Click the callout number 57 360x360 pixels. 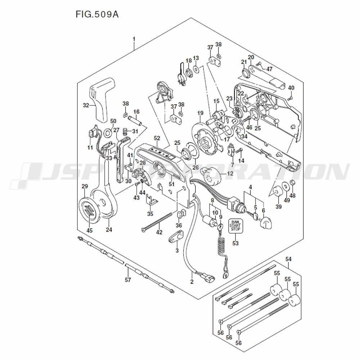click(128, 280)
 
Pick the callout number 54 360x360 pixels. click(288, 259)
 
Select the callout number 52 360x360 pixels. click(157, 138)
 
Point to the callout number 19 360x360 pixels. click(201, 113)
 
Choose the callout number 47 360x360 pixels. click(270, 68)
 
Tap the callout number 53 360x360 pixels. click(235, 244)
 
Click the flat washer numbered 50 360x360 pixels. click(108, 134)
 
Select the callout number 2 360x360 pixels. click(192, 282)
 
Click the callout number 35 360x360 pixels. click(150, 214)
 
